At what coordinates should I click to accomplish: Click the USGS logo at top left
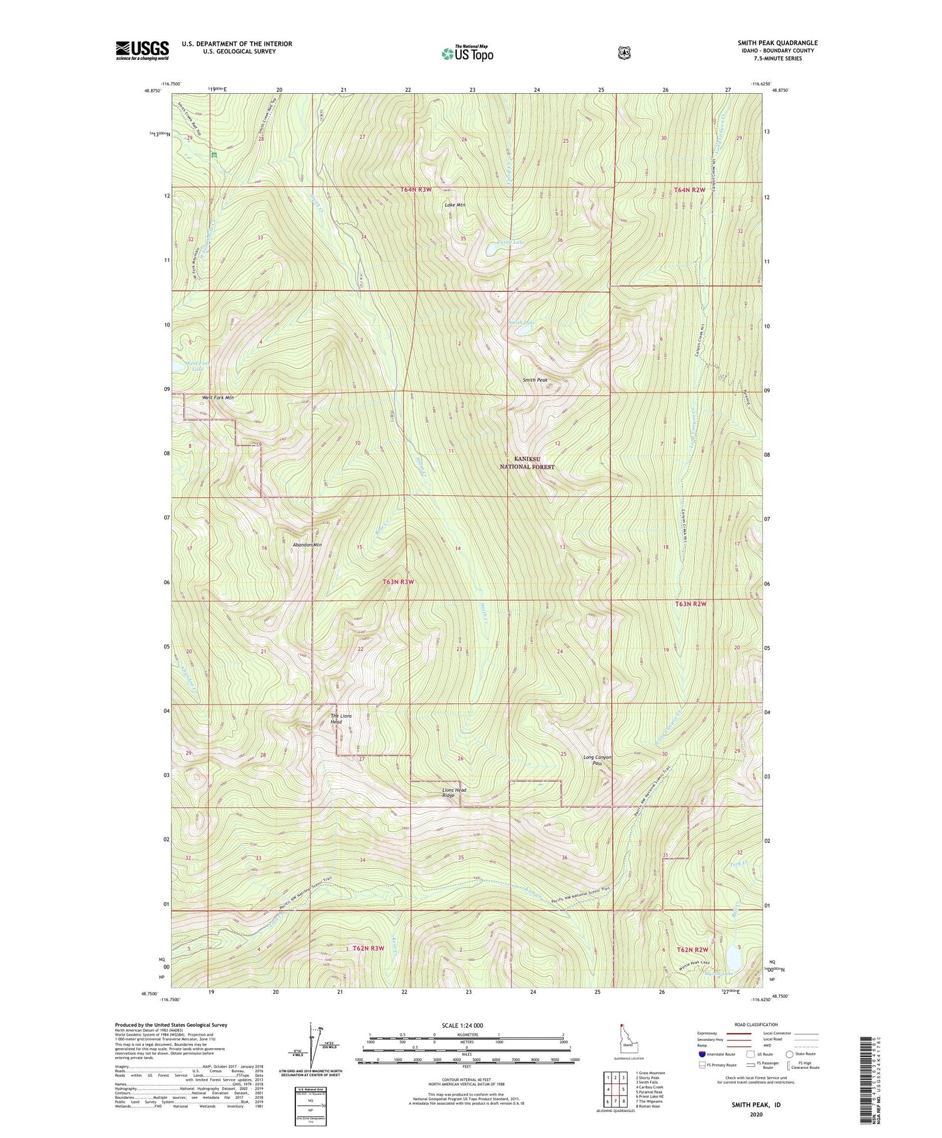(x=142, y=50)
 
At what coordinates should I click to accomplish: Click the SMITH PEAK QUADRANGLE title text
(x=777, y=43)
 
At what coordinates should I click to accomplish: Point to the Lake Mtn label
(x=454, y=205)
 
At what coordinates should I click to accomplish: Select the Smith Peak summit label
(x=535, y=379)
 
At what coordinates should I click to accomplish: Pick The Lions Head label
(x=341, y=719)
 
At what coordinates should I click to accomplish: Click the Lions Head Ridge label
(x=454, y=793)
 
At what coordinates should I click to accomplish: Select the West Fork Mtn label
(x=217, y=398)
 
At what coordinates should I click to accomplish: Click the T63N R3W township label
(x=398, y=581)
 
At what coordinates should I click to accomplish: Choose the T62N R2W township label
(x=692, y=950)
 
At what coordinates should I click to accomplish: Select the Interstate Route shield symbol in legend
(x=701, y=1054)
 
